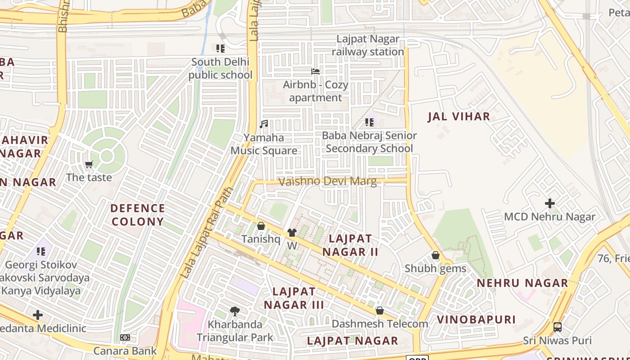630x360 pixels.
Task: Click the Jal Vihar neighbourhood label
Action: point(459,117)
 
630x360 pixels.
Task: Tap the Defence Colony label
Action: point(138,215)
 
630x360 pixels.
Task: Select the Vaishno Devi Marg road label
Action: point(327,182)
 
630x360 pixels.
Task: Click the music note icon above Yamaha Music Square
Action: point(264,124)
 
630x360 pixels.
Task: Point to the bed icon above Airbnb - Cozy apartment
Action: point(315,72)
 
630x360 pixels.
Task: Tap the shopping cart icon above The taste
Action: point(89,165)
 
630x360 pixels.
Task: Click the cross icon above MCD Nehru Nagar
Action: point(549,203)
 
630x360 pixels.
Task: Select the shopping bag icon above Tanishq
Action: point(261,226)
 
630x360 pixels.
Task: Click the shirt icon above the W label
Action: point(292,233)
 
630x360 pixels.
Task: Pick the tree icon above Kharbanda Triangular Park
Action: point(234,311)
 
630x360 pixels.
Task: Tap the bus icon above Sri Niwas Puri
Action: point(558,327)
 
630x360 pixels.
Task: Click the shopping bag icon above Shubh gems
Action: point(435,256)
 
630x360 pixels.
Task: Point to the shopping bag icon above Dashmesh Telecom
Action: point(380,310)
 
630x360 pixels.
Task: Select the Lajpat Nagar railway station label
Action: point(368,45)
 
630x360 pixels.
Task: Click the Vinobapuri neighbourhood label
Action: point(476,320)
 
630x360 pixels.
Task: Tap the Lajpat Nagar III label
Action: point(294,298)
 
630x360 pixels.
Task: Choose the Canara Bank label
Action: point(125,351)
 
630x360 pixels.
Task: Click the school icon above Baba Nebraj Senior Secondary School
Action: point(369,122)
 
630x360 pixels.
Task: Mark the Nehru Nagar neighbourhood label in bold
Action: point(522,283)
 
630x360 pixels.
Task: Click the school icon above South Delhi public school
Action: point(220,49)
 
